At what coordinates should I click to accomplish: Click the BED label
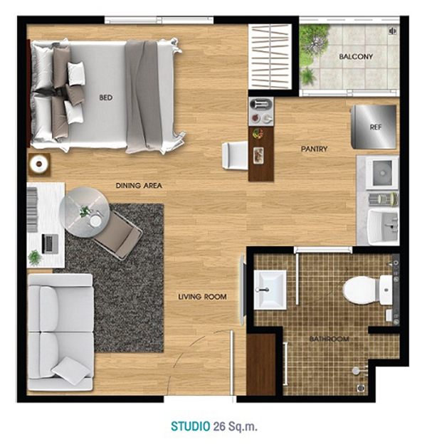[106, 98]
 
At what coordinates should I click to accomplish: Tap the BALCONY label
[356, 56]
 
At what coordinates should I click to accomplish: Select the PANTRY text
[314, 149]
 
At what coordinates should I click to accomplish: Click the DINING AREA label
[139, 186]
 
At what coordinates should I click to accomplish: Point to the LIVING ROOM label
[202, 297]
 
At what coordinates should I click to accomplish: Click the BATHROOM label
[330, 339]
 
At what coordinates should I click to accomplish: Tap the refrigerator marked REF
[374, 127]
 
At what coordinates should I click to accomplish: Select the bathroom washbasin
[270, 290]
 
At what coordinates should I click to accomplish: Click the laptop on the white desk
[50, 244]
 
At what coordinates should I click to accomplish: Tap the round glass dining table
[84, 212]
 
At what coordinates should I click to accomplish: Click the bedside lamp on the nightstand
[39, 164]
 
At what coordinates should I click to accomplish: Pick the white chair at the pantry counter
[235, 156]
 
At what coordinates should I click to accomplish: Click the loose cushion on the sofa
[71, 370]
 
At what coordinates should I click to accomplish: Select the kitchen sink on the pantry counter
[382, 173]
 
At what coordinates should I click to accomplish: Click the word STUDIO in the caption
[191, 426]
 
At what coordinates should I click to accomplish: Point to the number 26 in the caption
[219, 426]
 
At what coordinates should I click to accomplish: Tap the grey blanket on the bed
[142, 95]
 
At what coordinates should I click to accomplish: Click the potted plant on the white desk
[35, 257]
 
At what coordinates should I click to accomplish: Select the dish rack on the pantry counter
[383, 199]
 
